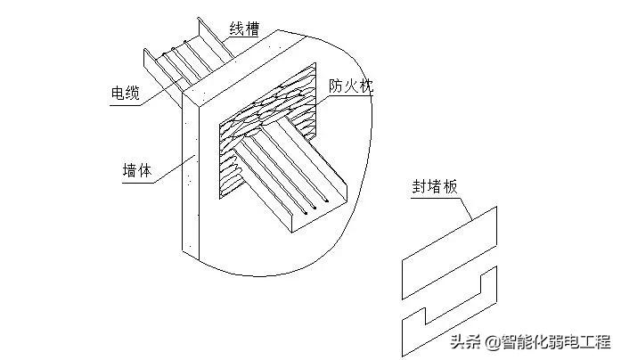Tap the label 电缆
[123, 94]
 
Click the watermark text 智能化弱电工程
[554, 342]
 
